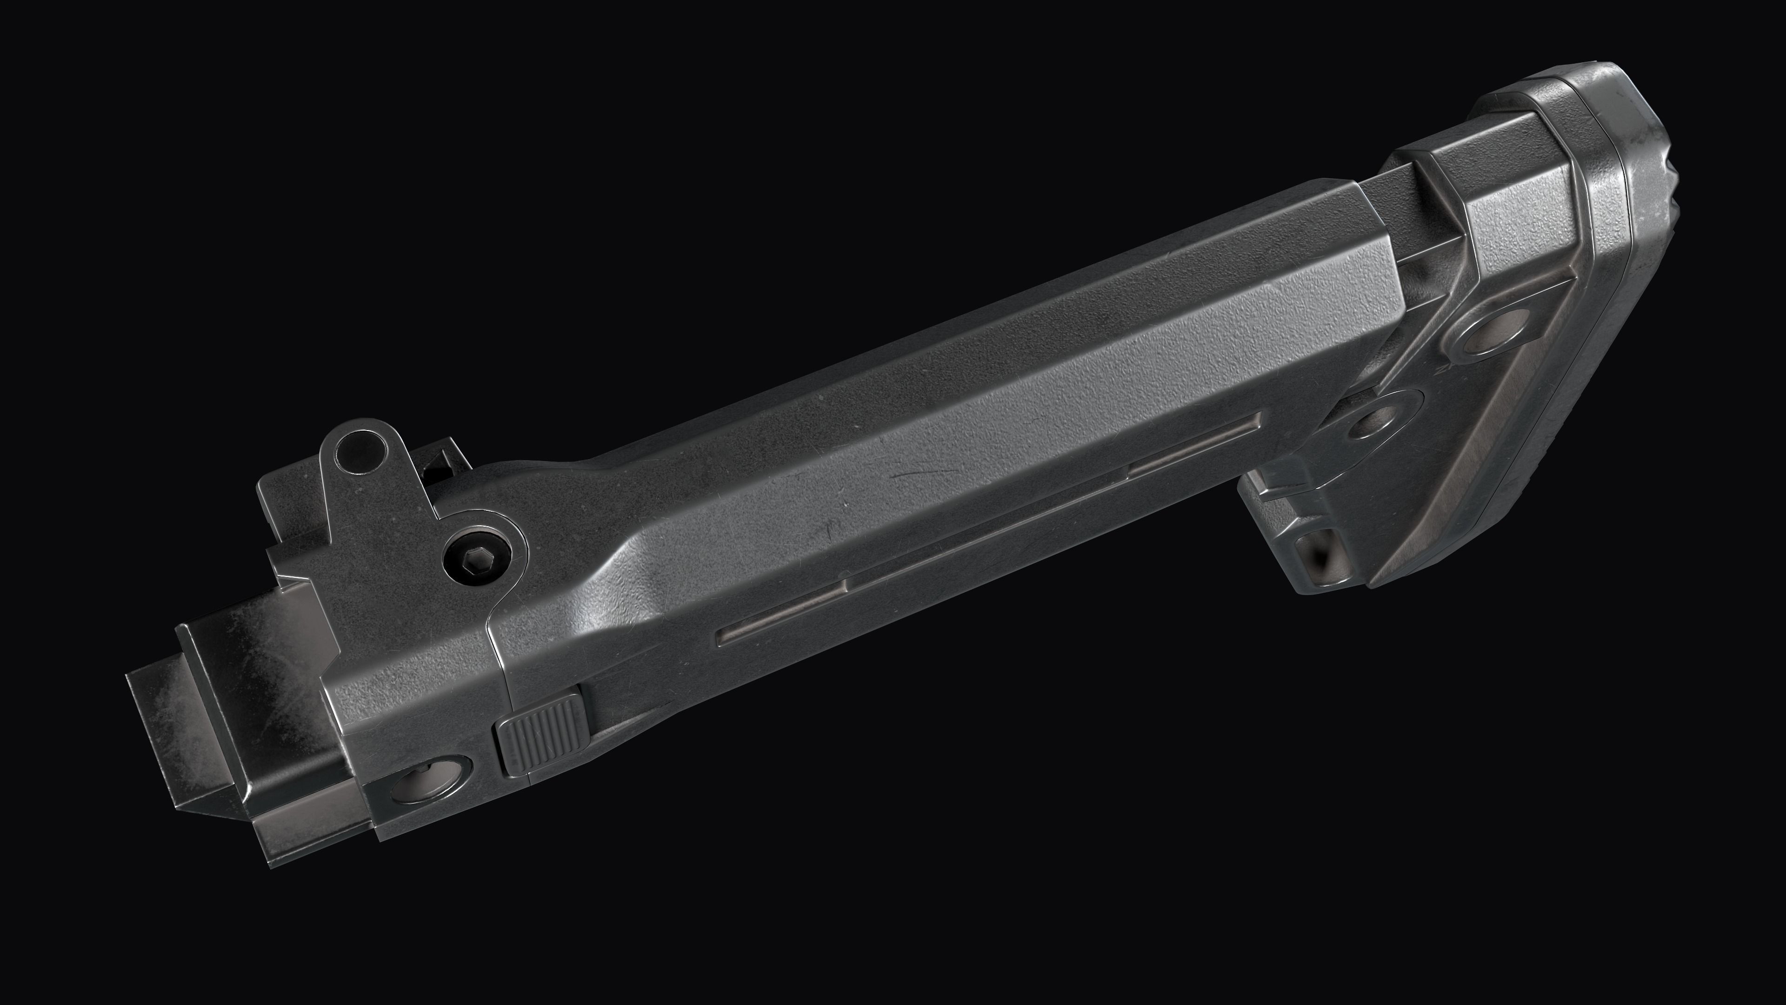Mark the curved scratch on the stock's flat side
[915, 475]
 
